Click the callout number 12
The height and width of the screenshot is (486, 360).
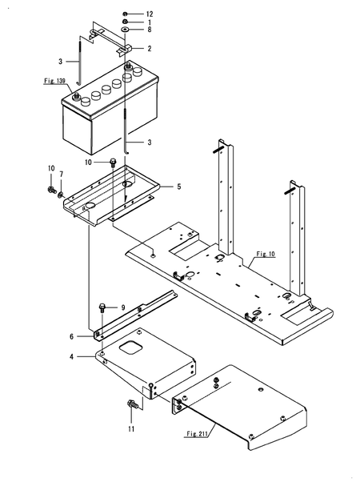(149, 14)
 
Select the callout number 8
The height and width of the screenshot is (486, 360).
(148, 30)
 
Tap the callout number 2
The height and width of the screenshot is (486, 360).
(148, 48)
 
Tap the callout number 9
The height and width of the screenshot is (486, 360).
(122, 307)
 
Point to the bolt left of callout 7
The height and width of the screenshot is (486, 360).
(51, 191)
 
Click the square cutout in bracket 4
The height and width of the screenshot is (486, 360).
(132, 348)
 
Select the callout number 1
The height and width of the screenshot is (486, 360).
(149, 22)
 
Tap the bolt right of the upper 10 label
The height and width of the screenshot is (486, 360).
(114, 163)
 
